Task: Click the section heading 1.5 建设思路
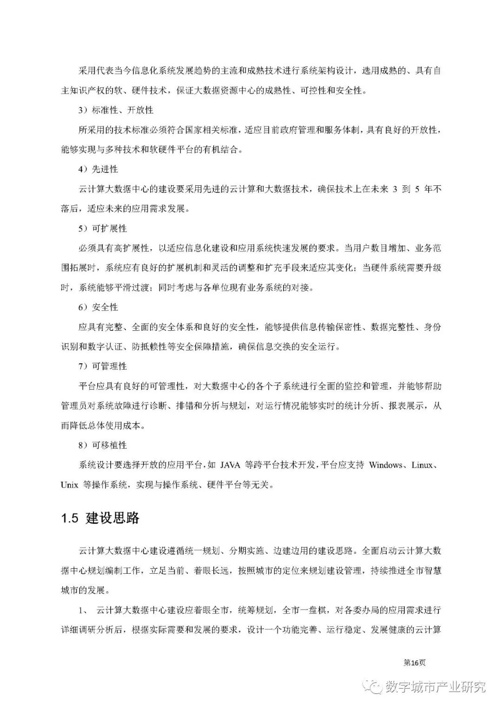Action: (x=100, y=518)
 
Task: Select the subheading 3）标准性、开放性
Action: (x=116, y=110)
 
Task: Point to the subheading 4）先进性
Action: (x=98, y=169)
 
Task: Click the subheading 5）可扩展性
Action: (x=102, y=229)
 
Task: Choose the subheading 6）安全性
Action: (x=98, y=307)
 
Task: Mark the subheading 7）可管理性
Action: (x=102, y=366)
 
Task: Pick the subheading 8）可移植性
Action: (x=102, y=445)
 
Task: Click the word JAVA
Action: (x=231, y=465)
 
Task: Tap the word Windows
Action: (x=386, y=465)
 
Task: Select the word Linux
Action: (x=422, y=465)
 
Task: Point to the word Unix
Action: (x=69, y=485)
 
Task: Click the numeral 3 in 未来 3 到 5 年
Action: (x=395, y=189)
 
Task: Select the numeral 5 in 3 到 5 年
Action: (x=416, y=189)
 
